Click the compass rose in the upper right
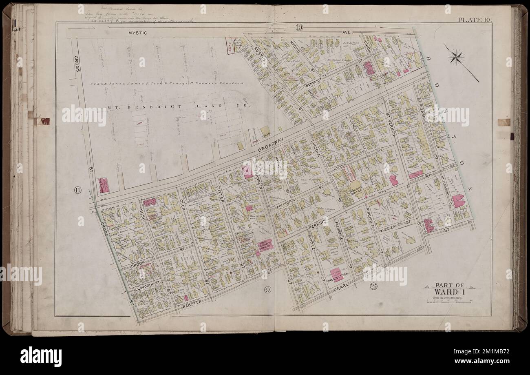tap(456, 57)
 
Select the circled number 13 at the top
tap(300, 28)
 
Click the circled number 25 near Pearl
tap(373, 286)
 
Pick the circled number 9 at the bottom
tap(267, 290)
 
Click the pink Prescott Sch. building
tap(337, 275)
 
